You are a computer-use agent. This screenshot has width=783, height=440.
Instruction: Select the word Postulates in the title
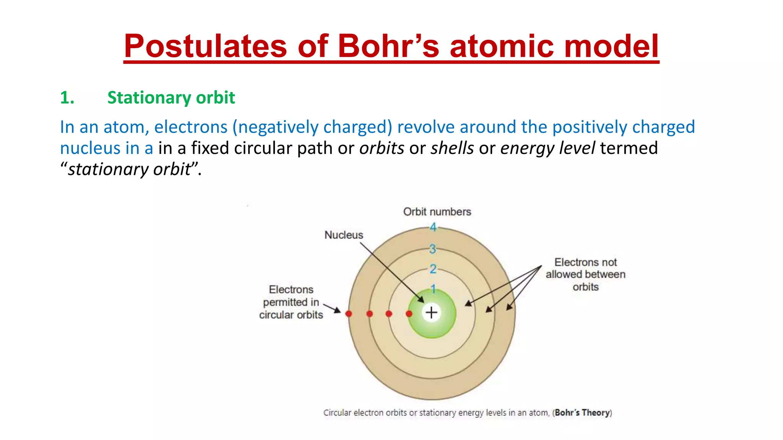point(205,46)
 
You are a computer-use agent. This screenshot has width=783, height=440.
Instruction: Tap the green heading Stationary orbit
point(171,98)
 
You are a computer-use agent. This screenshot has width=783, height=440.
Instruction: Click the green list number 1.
point(67,98)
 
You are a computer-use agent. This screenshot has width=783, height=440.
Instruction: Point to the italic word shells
point(452,148)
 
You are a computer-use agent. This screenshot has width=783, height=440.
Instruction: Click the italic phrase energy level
point(547,148)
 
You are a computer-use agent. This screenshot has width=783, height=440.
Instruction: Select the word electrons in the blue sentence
point(191,127)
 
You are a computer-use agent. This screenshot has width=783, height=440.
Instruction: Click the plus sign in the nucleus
point(432,312)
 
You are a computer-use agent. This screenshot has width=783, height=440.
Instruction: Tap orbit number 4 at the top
point(433,227)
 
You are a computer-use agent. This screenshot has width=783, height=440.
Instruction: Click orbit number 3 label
point(432,249)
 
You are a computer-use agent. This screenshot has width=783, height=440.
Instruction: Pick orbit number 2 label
point(433,269)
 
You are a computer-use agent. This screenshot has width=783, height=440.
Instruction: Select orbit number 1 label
point(433,288)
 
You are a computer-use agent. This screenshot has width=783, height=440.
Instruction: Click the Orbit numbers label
point(437,212)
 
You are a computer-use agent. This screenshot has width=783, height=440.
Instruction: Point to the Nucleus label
point(344,235)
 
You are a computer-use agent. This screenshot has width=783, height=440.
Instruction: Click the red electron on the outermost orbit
point(349,314)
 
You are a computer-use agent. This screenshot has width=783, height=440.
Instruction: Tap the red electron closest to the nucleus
point(409,314)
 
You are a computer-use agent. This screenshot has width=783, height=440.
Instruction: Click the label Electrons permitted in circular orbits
point(291,302)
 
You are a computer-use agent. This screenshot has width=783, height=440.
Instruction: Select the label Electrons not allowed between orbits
point(585,274)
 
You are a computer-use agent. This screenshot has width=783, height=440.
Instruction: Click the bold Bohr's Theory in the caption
point(582,412)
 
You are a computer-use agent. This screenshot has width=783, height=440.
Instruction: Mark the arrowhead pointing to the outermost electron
point(338,311)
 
